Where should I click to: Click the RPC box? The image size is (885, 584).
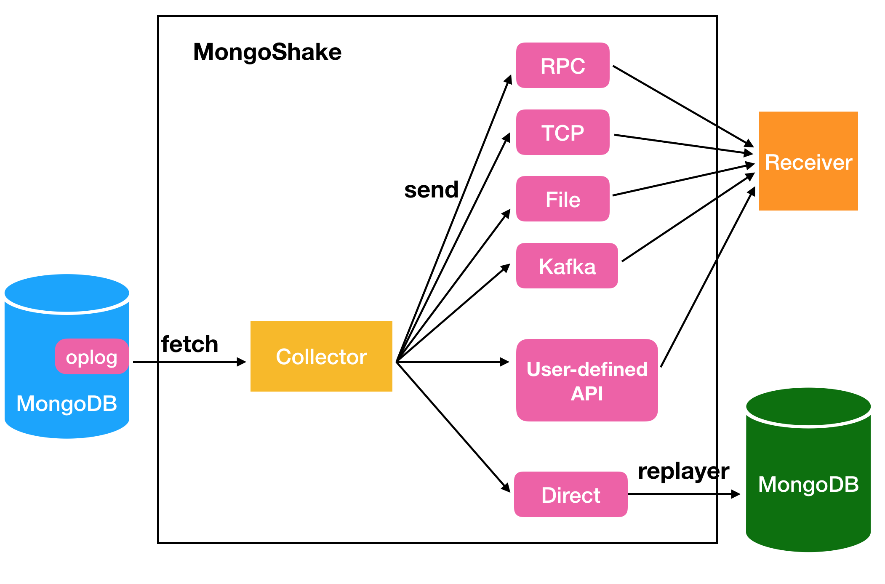click(562, 66)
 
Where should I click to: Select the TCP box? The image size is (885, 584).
click(562, 133)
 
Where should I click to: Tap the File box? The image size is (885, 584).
click(562, 199)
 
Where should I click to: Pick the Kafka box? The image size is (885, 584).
click(567, 266)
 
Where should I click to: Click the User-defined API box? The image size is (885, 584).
click(586, 380)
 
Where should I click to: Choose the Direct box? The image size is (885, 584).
click(570, 495)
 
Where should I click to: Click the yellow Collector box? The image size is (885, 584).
click(321, 357)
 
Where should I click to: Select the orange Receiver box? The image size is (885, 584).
click(808, 161)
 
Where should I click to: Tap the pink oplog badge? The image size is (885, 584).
click(91, 357)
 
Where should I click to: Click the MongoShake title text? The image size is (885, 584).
click(267, 52)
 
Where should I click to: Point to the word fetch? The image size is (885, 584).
click(190, 344)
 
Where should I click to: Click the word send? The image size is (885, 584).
click(431, 190)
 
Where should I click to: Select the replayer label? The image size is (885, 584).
click(683, 471)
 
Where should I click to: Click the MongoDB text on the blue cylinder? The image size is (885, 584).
click(67, 403)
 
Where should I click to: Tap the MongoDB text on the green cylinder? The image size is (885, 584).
click(808, 484)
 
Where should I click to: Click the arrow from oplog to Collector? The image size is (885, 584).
click(189, 362)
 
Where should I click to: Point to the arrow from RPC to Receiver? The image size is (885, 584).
click(682, 106)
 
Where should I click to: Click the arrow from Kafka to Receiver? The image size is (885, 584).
click(687, 218)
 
